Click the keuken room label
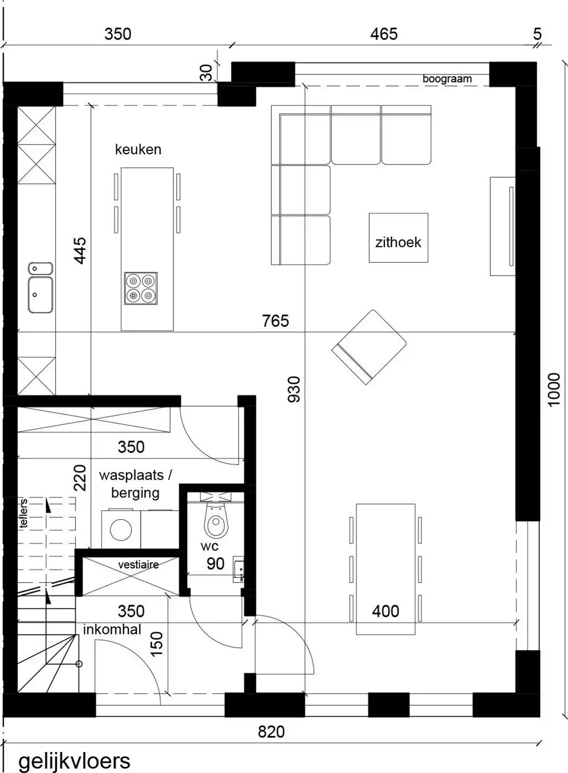click(138, 149)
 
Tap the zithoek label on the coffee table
click(398, 242)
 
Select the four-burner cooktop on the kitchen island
click(141, 289)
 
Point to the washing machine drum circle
click(121, 530)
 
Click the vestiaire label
click(138, 564)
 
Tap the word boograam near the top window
click(447, 79)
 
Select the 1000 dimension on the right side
click(553, 389)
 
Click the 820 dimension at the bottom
click(271, 731)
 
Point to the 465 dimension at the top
click(383, 34)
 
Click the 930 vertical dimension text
click(294, 389)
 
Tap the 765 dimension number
click(275, 321)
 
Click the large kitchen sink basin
click(41, 295)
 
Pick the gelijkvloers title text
click(74, 760)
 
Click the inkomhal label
click(112, 629)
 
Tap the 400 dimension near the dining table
click(385, 611)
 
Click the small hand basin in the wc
click(238, 569)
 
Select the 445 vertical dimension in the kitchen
click(80, 251)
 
